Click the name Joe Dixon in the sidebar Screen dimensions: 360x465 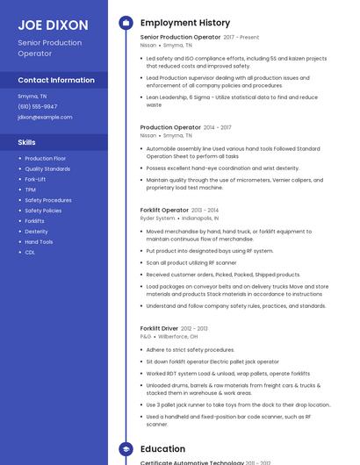(53, 25)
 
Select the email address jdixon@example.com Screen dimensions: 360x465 (45, 117)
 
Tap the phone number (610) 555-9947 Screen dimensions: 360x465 (37, 106)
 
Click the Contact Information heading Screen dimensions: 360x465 (56, 80)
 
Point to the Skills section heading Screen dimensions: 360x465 (27, 141)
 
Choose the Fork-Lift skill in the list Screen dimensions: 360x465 (35, 179)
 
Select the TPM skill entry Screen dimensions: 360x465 (30, 190)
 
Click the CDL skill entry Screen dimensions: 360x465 (30, 252)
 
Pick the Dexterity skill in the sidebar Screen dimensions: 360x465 (36, 232)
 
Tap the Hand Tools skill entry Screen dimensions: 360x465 (39, 242)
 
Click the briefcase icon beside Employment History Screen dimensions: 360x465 (126, 23)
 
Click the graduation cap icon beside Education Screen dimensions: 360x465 (126, 448)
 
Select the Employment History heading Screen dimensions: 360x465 (184, 23)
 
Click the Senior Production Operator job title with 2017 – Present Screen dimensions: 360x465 (180, 38)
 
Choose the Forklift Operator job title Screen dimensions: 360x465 (164, 210)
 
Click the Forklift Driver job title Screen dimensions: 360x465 (159, 328)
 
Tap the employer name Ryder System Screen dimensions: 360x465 (158, 218)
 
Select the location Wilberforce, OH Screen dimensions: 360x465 (178, 336)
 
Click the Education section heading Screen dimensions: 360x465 (162, 448)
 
